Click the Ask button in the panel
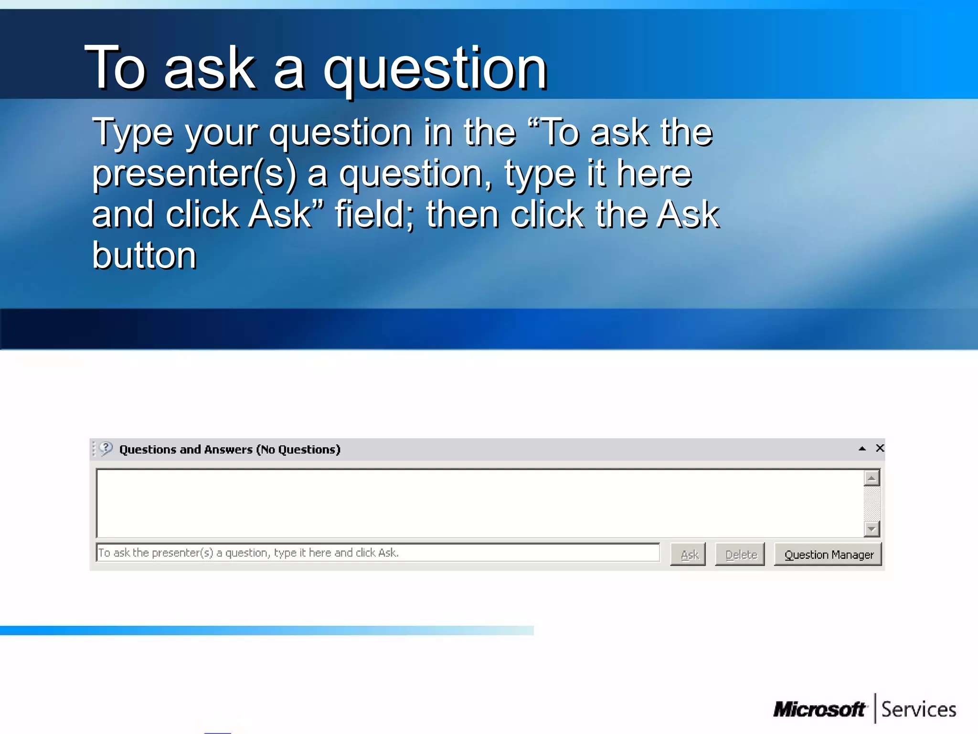click(x=688, y=554)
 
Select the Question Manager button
click(x=828, y=554)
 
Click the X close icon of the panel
click(x=880, y=448)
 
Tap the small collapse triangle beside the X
click(x=862, y=449)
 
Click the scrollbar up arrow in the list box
click(x=872, y=478)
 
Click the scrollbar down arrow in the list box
click(x=872, y=529)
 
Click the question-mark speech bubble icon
click(x=106, y=448)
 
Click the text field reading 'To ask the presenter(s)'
click(x=377, y=553)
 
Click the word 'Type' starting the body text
click(x=132, y=133)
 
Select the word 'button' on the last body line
click(x=144, y=256)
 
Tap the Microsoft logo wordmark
click(x=819, y=710)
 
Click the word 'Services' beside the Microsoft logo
click(x=918, y=710)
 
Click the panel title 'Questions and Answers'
click(x=186, y=450)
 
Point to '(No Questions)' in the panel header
click(x=298, y=450)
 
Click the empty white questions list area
click(x=478, y=503)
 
